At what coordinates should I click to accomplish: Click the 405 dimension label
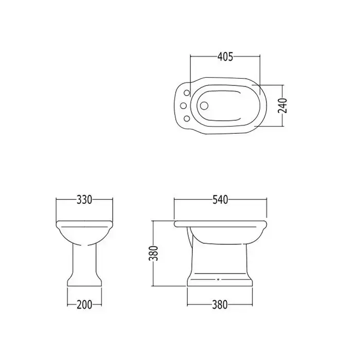point(225,57)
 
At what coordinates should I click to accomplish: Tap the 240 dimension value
point(282,105)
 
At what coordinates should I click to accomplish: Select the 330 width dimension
point(84,200)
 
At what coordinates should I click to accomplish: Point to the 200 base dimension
point(84,304)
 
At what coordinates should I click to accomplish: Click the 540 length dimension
point(220,200)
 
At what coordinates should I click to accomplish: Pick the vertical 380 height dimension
point(153,253)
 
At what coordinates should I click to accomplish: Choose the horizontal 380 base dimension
point(220,304)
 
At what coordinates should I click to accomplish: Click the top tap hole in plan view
point(187,93)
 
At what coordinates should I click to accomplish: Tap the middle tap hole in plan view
point(184,105)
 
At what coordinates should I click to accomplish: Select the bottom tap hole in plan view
point(187,118)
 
